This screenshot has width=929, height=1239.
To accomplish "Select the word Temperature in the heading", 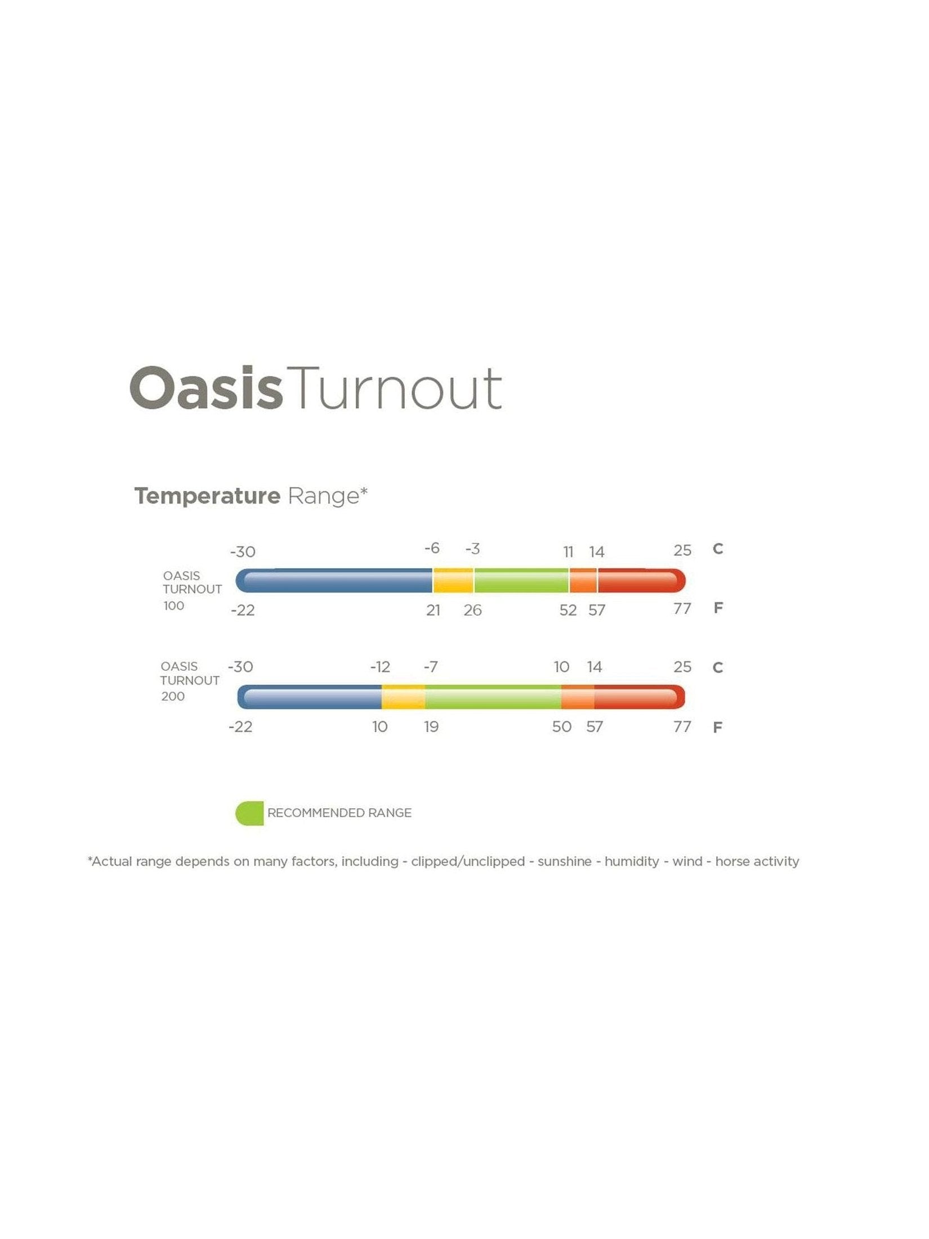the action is [x=207, y=496].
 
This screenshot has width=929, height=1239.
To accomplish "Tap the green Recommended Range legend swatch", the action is [x=249, y=813].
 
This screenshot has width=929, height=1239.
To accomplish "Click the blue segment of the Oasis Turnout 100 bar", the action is [x=334, y=581].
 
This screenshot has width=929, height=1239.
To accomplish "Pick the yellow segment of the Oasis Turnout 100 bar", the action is [x=453, y=581].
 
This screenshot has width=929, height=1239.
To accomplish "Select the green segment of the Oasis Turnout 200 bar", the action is [x=493, y=697].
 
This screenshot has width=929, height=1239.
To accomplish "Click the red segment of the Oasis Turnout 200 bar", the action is [x=640, y=697].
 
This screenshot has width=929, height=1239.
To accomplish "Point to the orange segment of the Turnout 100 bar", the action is [x=583, y=581].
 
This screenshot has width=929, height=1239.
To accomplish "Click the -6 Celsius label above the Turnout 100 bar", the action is [x=432, y=548].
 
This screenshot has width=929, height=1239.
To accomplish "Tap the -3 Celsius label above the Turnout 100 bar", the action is [x=473, y=549].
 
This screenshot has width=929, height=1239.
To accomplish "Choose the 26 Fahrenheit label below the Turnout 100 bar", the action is [x=473, y=610].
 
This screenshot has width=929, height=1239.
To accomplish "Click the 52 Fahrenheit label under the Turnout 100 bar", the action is [x=568, y=610].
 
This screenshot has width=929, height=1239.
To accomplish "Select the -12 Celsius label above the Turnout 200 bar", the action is [x=380, y=667].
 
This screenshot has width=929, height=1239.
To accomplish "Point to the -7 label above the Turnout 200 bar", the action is [x=431, y=667].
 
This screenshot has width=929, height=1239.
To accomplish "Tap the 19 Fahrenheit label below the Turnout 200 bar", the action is [x=431, y=727].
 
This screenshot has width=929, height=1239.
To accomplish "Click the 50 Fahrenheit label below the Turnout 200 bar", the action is [x=562, y=727].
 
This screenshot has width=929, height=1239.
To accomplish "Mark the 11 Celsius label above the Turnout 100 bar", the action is [x=569, y=552].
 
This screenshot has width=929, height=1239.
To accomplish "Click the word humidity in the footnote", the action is [x=632, y=861].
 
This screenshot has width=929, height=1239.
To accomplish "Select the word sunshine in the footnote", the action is [x=565, y=861].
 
